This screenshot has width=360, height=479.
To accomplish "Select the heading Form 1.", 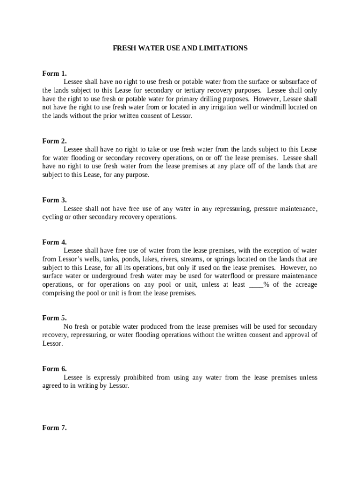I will pyautogui.click(x=54, y=73).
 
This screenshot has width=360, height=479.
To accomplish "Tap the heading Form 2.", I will pyautogui.click(x=54, y=141).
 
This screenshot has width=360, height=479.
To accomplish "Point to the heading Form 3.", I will pyautogui.click(x=54, y=200).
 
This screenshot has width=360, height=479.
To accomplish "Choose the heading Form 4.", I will pyautogui.click(x=54, y=242).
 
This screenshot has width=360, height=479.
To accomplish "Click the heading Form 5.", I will pyautogui.click(x=54, y=318).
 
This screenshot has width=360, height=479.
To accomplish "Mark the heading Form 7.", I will pyautogui.click(x=54, y=428).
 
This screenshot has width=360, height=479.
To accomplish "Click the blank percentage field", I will pyautogui.click(x=256, y=285).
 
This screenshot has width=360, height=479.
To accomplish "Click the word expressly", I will pyautogui.click(x=101, y=378).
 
